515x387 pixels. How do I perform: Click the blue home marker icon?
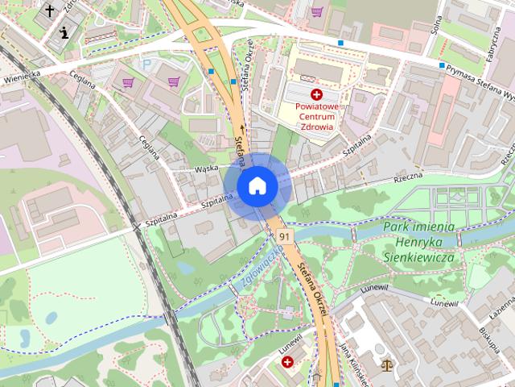[x=257, y=185]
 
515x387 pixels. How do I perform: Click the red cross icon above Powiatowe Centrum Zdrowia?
[x=316, y=94]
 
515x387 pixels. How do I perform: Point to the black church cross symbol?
[x=51, y=10]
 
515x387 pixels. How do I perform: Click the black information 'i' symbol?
[x=64, y=33]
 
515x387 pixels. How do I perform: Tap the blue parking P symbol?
[x=146, y=64]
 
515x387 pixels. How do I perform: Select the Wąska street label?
[x=207, y=169]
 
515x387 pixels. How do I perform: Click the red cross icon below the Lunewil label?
[x=287, y=363]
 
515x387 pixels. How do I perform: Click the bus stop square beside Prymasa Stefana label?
[x=442, y=65]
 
